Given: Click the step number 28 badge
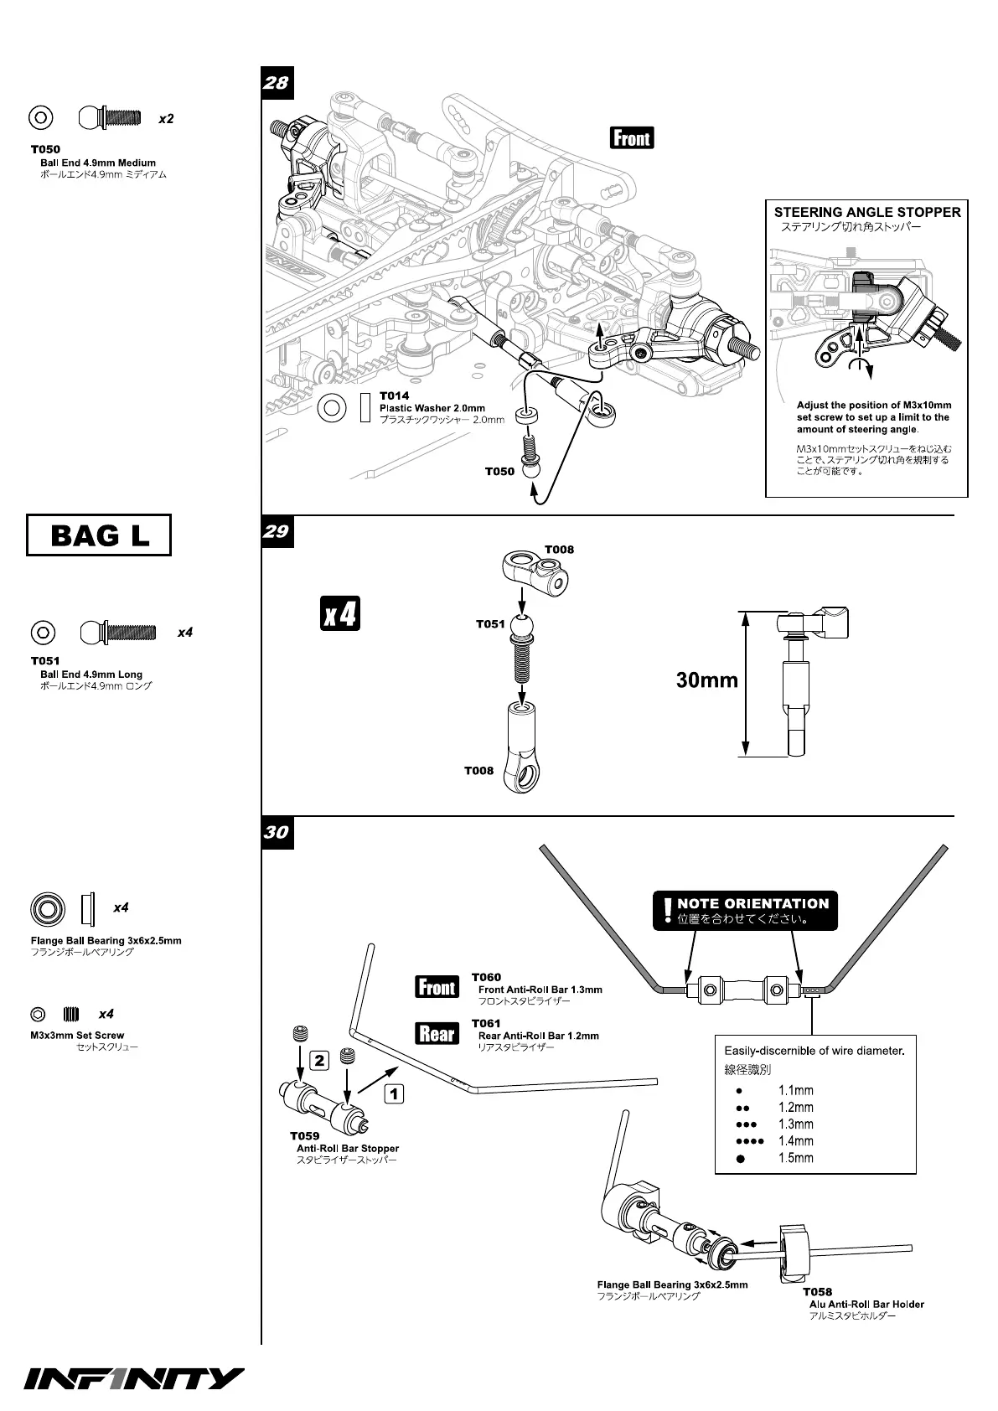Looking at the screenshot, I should tap(276, 82).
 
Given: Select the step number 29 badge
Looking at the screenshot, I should tap(276, 531).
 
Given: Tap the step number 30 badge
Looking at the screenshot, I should tap(276, 832).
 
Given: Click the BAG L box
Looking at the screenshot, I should tap(99, 535).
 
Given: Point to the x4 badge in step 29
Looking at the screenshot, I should tap(340, 613).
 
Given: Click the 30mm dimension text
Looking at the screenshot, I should tap(707, 680).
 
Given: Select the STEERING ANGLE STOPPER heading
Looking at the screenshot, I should tap(866, 213).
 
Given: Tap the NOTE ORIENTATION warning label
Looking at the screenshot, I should tap(745, 910).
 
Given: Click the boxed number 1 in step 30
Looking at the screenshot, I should tap(394, 1093).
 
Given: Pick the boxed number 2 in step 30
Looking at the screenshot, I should tap(320, 1061).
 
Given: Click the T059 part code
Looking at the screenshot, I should tap(305, 1136).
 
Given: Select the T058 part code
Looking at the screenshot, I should tap(817, 1292).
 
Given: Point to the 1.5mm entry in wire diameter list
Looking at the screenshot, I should tap(795, 1158).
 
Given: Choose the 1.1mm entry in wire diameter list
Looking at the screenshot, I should tap(795, 1091).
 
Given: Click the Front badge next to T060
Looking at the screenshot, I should tap(437, 988).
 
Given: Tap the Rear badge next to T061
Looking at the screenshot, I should tap(437, 1034).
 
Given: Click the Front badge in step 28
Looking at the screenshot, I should tap(632, 137).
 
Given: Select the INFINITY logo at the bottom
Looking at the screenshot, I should tap(134, 1379).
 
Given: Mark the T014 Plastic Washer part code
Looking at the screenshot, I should tap(395, 395).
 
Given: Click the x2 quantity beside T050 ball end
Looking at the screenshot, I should tap(166, 119).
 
